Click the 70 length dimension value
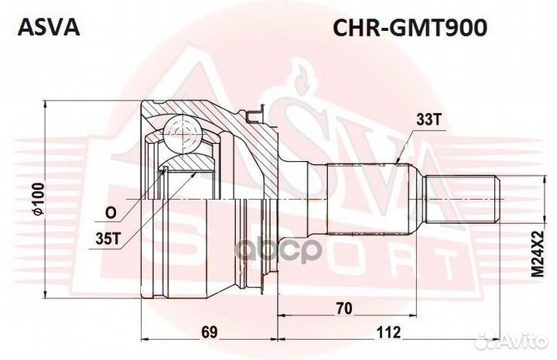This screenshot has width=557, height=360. (x=345, y=309)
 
